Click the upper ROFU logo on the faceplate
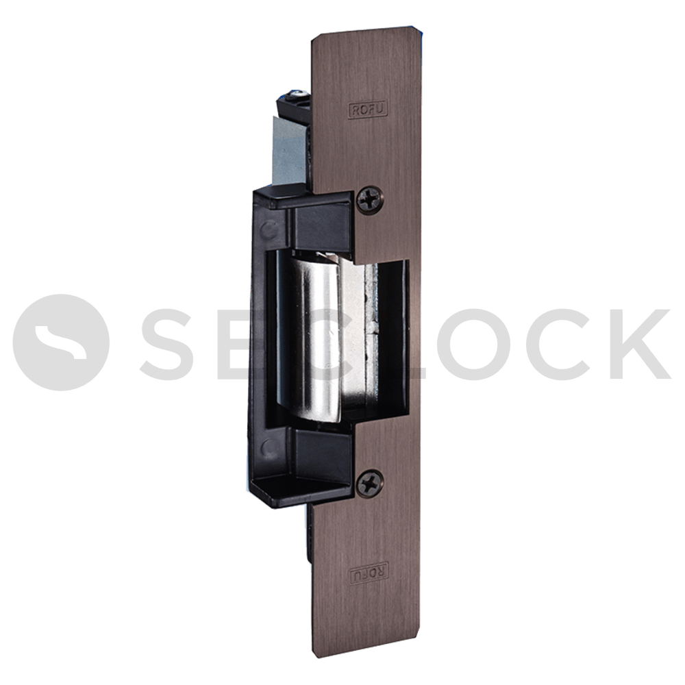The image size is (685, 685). click(x=368, y=110)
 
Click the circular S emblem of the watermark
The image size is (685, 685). click(x=60, y=342)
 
